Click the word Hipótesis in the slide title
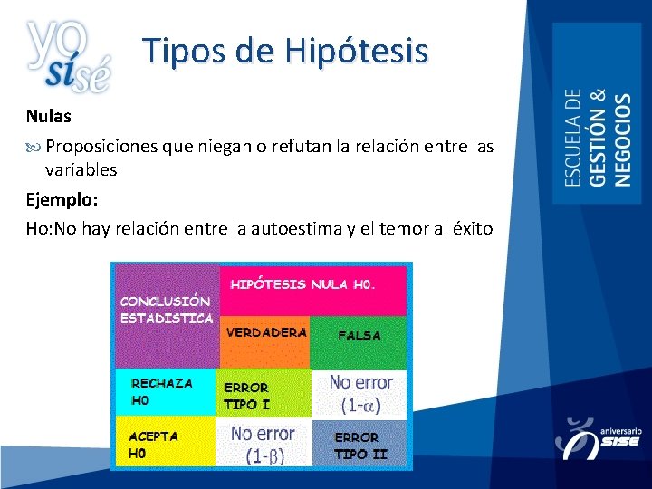click(x=356, y=51)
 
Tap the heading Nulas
click(x=48, y=117)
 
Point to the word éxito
click(x=470, y=229)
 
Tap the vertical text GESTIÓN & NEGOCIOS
click(x=611, y=138)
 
